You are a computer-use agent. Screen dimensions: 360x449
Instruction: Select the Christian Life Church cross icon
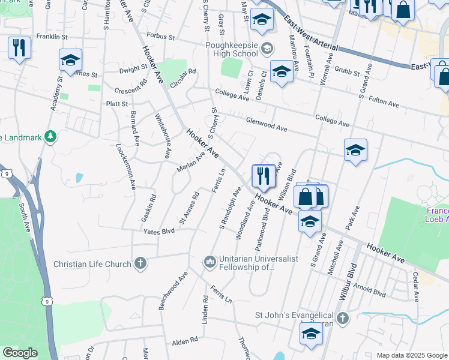tap(140, 263)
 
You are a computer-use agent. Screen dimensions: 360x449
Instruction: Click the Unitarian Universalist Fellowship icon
tap(209, 262)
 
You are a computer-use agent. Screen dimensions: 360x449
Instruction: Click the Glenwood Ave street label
tap(267, 125)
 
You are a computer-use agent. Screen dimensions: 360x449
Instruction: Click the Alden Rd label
tap(184, 341)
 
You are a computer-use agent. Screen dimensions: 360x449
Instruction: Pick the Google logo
tap(20, 353)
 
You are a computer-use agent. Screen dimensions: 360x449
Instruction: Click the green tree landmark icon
tap(50, 137)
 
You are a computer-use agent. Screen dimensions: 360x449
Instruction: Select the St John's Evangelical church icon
tap(342, 316)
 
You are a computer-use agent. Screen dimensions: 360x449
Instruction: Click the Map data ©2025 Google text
tap(411, 355)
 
